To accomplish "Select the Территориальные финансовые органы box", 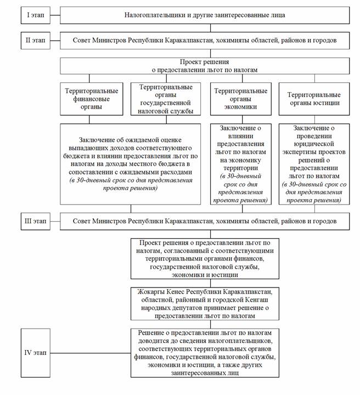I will point(91,99).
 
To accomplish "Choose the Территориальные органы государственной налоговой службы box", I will point(166,99).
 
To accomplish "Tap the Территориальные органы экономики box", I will point(240,99).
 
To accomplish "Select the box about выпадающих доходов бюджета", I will point(130,163).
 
